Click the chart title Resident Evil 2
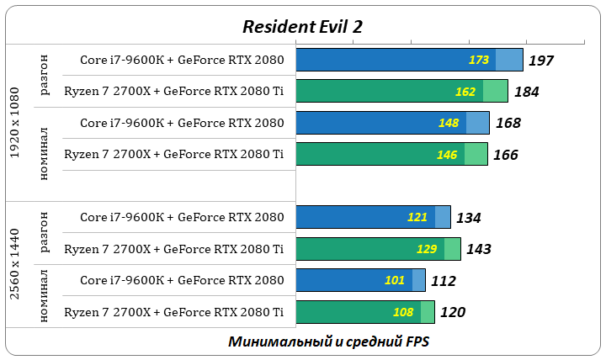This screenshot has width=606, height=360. click(x=302, y=26)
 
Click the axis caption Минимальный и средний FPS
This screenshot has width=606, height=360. click(x=327, y=341)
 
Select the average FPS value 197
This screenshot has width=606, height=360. click(x=541, y=61)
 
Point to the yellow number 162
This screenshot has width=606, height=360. click(x=465, y=92)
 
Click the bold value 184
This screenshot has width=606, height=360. click(x=526, y=92)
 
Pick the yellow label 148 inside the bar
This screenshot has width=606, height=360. click(x=449, y=123)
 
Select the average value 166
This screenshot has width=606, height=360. click(x=506, y=154)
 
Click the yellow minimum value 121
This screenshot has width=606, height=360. click(x=417, y=217)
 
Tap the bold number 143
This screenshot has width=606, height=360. click(x=479, y=249)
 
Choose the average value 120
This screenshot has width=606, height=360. click(x=453, y=312)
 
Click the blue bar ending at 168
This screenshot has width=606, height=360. click(x=379, y=123)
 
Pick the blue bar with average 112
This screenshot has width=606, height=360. click(x=353, y=280)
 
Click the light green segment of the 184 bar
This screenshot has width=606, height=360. click(x=495, y=92)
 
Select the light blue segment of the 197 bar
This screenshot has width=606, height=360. click(x=508, y=61)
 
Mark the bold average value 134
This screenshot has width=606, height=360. click(x=468, y=218)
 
